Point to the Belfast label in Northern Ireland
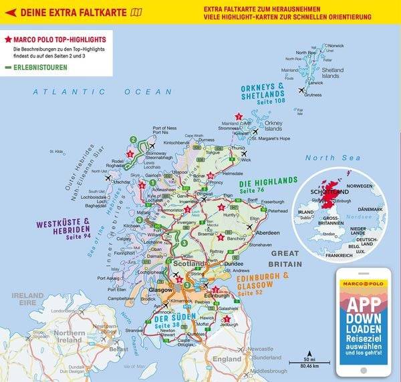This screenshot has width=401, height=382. tap(120, 349)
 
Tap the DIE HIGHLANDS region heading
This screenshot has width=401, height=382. tap(267, 182)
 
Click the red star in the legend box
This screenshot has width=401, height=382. tap(8, 41)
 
